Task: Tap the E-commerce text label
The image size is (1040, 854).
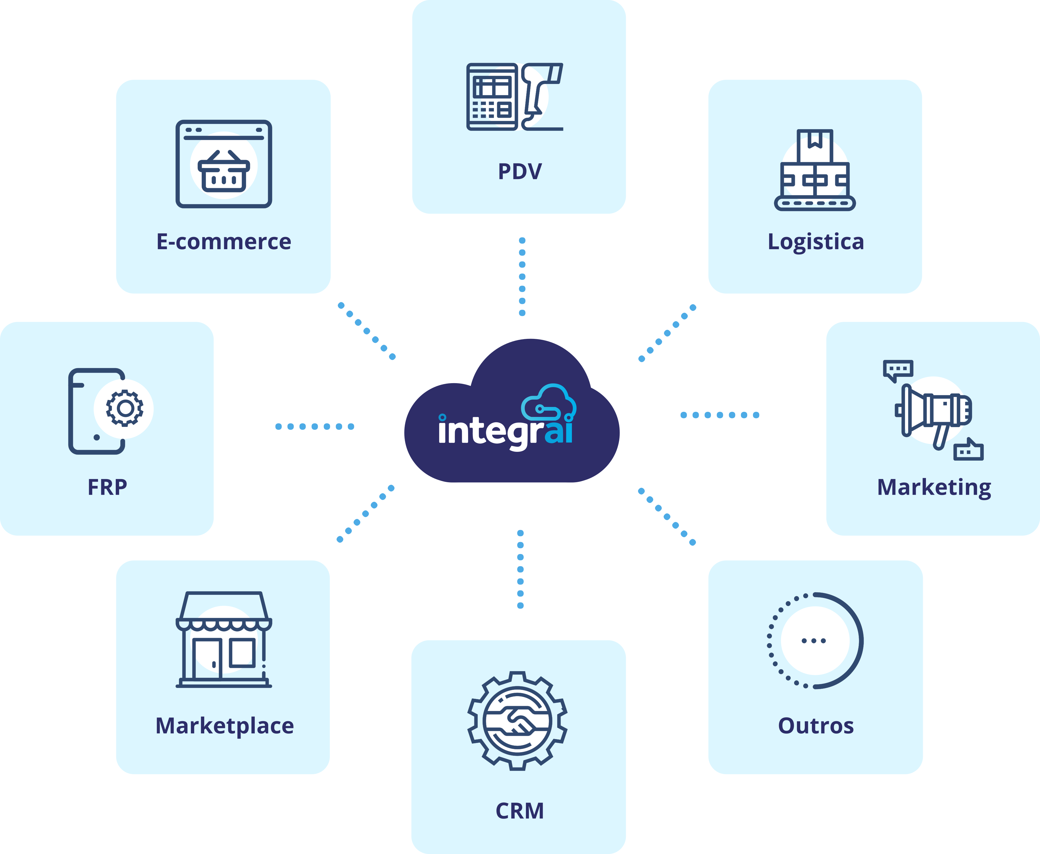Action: coord(224,242)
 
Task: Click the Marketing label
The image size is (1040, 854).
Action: coord(934,487)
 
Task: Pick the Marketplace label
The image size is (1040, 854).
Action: coord(224,726)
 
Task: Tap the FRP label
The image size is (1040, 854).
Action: coord(107,487)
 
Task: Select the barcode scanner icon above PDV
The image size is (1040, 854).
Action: coord(542,96)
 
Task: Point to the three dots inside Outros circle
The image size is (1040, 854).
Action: coord(814,641)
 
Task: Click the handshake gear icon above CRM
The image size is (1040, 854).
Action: coord(517,721)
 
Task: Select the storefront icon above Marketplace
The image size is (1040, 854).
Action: coord(224,639)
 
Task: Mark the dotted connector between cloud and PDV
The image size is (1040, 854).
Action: coord(522,276)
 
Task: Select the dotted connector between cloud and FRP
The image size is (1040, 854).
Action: coord(315,427)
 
